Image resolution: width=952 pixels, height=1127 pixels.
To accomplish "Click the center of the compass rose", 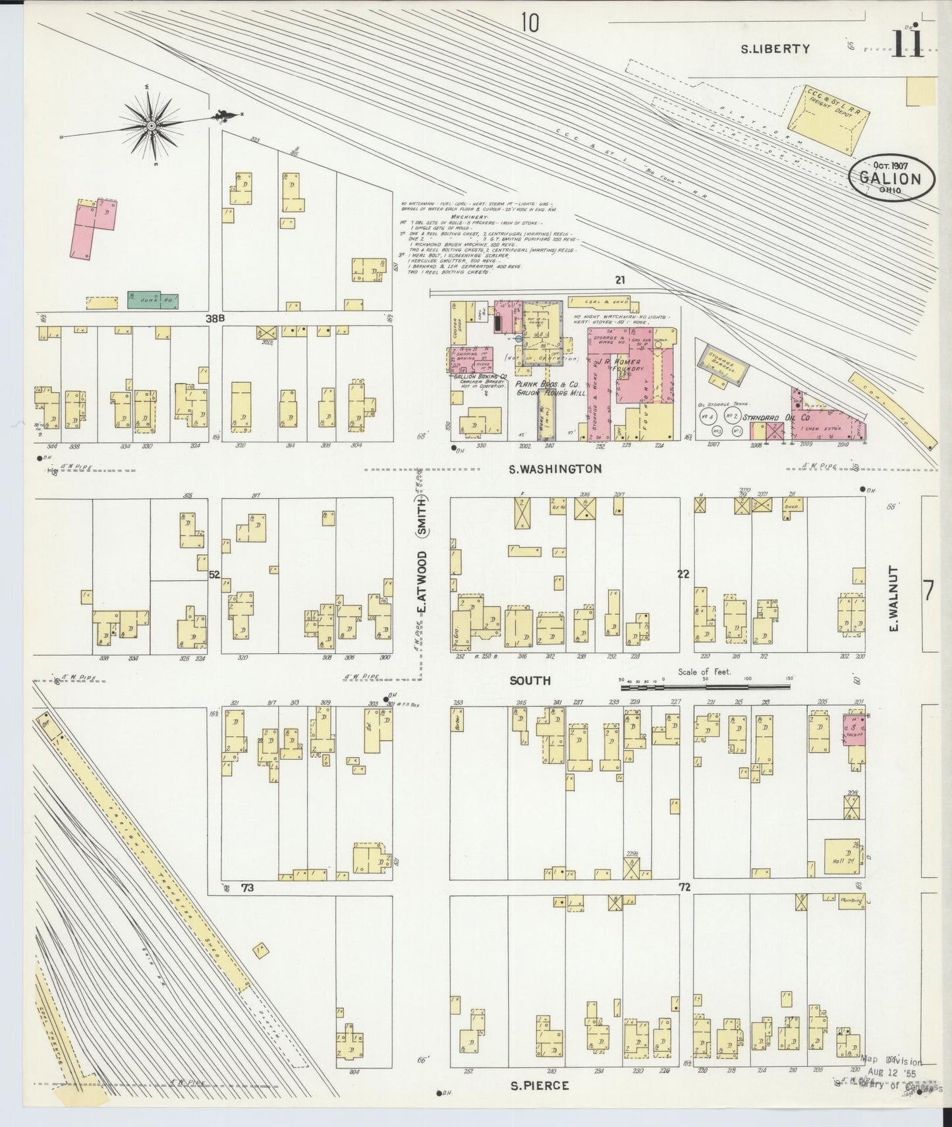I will click(152, 125).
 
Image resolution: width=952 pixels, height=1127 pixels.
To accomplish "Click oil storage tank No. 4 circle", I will click(708, 417).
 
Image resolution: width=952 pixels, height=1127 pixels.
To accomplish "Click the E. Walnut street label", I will click(894, 598).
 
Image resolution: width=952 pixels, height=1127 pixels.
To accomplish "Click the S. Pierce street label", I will click(539, 1085).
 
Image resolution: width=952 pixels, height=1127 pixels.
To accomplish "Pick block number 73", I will click(247, 888).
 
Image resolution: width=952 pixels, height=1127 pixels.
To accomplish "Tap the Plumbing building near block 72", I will click(851, 900).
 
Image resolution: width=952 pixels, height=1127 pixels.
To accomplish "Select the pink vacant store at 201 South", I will click(855, 730).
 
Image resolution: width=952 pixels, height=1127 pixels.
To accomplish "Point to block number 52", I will click(214, 575).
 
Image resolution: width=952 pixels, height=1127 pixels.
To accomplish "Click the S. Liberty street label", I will click(775, 48).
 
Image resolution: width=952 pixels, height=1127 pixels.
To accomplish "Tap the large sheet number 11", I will click(907, 44).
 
